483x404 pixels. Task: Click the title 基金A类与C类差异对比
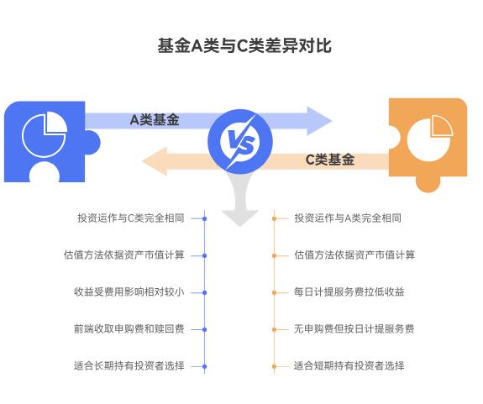[244, 46]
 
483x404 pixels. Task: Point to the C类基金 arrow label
[329, 160]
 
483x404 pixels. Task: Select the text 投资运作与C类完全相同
[130, 218]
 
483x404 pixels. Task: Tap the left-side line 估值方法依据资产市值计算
[123, 255]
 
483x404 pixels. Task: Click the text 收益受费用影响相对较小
[129, 292]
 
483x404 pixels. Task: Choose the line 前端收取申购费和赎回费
[129, 329]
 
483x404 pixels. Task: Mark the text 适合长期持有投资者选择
[129, 366]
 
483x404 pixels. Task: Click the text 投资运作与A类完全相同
[348, 218]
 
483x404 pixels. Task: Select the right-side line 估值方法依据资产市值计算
[354, 255]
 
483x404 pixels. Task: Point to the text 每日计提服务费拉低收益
[349, 292]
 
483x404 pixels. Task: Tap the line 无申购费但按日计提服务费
[354, 329]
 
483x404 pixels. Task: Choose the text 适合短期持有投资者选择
[349, 366]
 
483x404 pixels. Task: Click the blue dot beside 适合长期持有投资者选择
[204, 366]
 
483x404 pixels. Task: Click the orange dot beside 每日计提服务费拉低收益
[275, 292]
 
